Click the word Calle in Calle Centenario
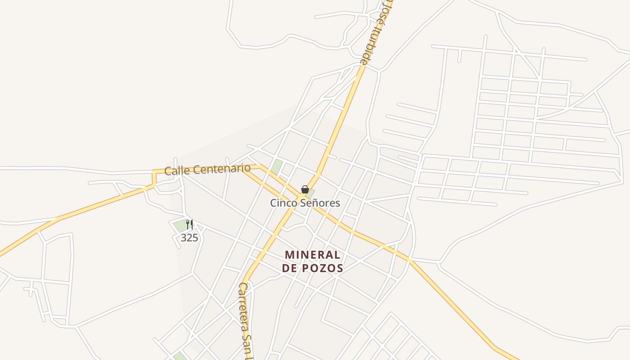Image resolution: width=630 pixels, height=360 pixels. (175, 171)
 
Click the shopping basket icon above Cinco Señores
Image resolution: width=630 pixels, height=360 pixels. (305, 189)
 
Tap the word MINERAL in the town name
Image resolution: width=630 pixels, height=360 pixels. (312, 255)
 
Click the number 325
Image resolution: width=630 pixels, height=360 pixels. (189, 238)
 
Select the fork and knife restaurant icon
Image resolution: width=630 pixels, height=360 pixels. (189, 225)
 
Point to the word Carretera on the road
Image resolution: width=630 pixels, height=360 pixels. (246, 306)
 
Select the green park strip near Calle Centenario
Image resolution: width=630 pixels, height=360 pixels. (277, 166)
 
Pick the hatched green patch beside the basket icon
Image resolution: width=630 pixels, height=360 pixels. (310, 193)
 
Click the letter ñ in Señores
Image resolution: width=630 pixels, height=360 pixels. (314, 203)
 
